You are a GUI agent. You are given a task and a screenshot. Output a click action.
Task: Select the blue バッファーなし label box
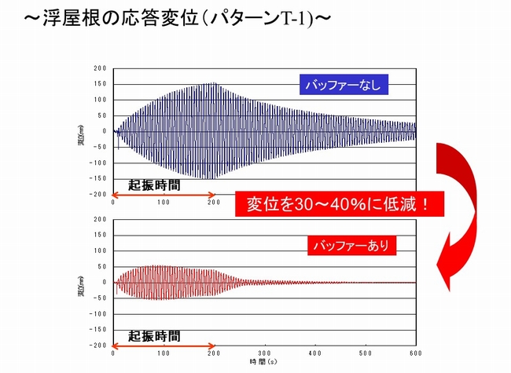pos(343,85)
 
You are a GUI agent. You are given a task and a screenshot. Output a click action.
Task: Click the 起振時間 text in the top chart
pos(154,185)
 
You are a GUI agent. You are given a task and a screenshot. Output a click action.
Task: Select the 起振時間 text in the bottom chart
pos(154,335)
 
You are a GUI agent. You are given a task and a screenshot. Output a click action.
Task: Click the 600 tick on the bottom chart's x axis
pos(414,353)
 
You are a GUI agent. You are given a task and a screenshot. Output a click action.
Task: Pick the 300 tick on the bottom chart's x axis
pos(264,353)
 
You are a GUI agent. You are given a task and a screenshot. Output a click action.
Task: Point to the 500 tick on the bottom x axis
pos(364,353)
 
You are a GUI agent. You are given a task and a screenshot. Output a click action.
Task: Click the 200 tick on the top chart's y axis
pos(101,69)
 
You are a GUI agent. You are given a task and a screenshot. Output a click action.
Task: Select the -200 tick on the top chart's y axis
pos(99,194)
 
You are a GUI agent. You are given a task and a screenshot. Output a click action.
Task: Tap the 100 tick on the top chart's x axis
pos(164,202)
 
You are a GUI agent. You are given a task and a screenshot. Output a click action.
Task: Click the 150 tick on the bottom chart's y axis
pos(101,236)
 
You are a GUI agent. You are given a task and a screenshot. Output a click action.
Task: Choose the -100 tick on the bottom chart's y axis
pos(99,314)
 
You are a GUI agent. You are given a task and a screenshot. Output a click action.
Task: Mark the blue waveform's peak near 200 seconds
pos(212,84)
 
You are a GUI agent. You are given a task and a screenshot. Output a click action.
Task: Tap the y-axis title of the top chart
pos(81,132)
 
